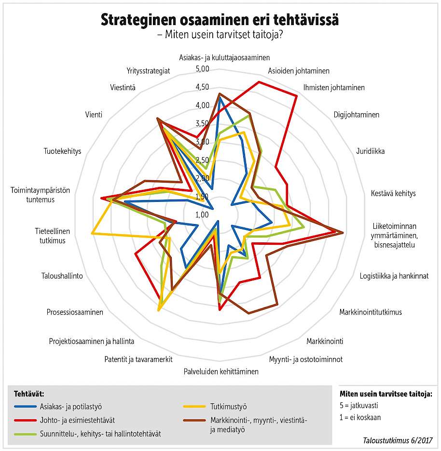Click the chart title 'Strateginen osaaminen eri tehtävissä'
tap(220, 20)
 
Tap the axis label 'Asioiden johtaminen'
tap(299, 71)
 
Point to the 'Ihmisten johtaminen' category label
tap(334, 88)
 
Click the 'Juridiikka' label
tap(370, 151)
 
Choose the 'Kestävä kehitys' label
tap(393, 193)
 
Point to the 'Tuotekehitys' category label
tap(62, 151)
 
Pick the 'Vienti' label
tap(94, 114)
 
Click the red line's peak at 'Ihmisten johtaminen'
tap(296, 96)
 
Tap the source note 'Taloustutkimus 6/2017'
tap(398, 440)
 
